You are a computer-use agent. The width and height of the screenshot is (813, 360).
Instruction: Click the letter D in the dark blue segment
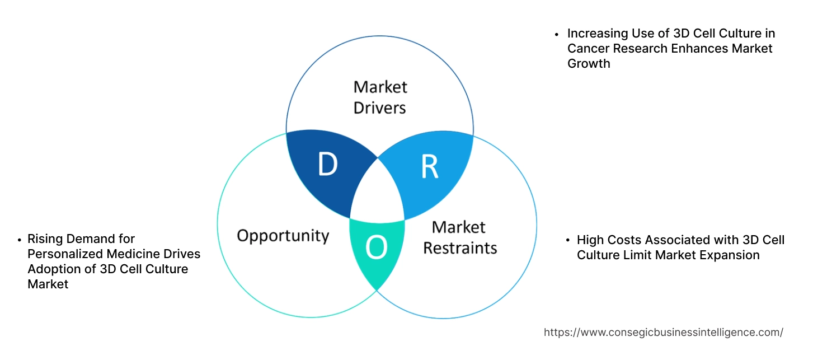click(327, 164)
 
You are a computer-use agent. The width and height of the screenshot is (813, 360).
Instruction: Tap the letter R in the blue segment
click(429, 166)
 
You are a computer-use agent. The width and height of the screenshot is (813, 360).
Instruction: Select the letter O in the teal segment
click(377, 248)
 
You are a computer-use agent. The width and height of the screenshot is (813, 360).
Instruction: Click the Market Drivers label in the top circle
click(380, 97)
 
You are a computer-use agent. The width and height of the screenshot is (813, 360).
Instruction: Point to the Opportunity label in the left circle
click(283, 235)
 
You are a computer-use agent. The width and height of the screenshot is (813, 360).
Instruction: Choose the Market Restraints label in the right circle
click(459, 237)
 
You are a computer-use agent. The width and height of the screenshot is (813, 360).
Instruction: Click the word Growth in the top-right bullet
click(589, 63)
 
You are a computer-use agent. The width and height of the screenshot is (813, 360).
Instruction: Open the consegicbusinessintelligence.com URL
click(663, 333)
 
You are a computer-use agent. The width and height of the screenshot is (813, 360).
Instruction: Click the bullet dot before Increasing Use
click(557, 34)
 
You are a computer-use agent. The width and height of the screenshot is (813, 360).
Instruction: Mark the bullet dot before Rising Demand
click(20, 240)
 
